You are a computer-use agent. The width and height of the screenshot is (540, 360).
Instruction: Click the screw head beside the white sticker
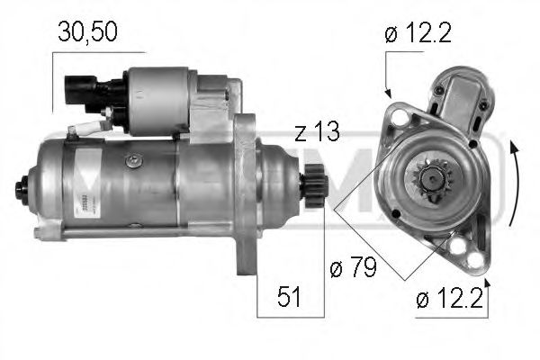[134, 161]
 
